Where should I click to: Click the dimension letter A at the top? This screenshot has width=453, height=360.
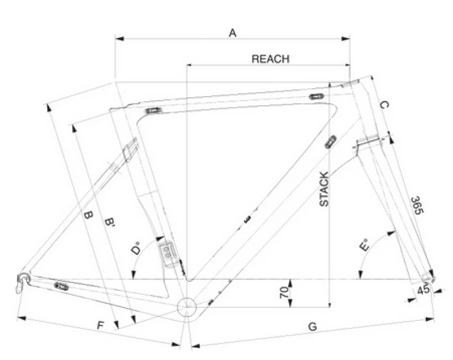232,33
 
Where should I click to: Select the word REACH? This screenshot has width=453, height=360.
270,59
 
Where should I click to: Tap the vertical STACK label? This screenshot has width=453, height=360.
324,189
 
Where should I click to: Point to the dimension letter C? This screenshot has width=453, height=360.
383,105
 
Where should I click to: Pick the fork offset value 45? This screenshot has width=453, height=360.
423,290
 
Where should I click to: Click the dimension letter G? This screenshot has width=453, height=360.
311,327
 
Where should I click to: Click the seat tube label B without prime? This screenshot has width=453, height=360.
87,215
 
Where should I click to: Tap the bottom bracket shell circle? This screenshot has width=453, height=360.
186,307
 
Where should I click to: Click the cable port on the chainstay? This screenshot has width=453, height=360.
61,286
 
